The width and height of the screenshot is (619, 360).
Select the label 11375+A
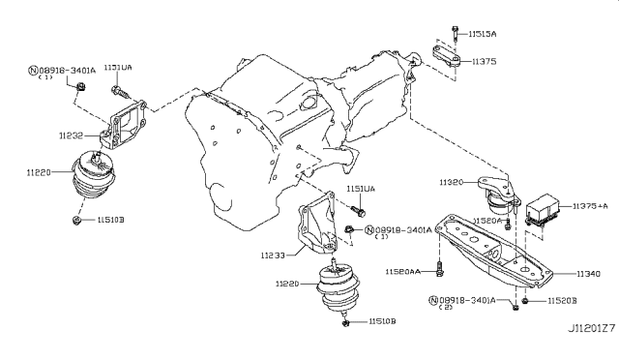(590, 206)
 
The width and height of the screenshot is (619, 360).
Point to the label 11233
(274, 255)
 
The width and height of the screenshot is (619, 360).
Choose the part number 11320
(452, 182)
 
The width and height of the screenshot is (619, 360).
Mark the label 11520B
(559, 303)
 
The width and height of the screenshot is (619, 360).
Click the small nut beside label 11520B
(523, 304)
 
